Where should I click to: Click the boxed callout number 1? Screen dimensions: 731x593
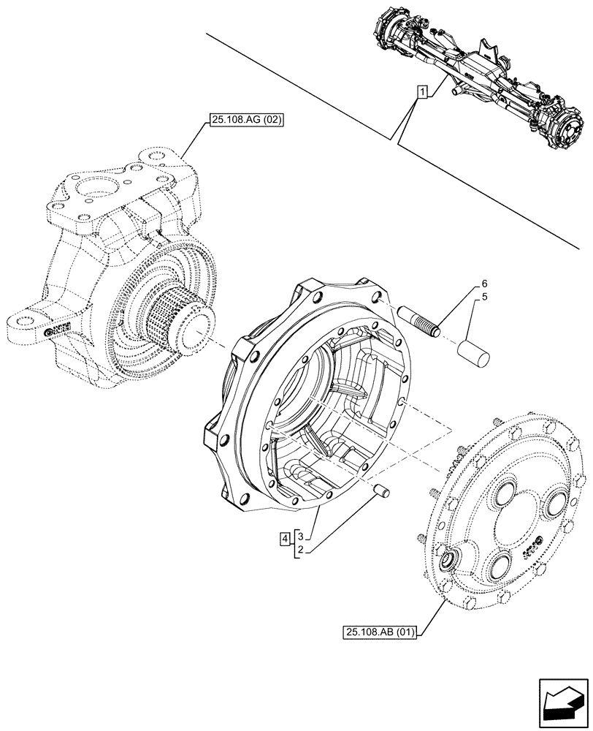tap(422, 91)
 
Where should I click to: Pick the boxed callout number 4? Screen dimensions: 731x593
tap(284, 539)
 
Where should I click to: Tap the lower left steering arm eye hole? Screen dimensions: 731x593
tap(23, 319)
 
